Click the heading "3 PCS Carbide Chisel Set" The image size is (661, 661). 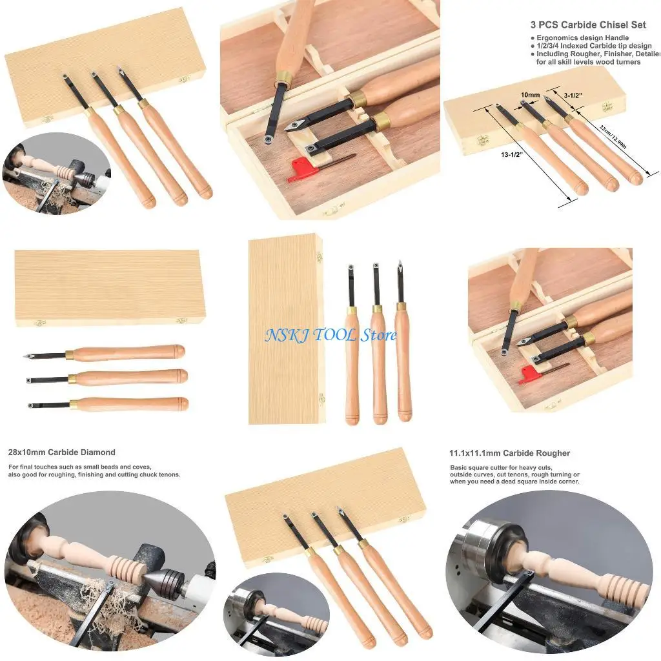588,25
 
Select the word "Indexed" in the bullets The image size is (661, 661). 578,46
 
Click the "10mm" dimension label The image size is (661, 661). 530,95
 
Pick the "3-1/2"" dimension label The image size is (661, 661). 573,94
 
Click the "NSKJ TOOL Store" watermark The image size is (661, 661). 331,334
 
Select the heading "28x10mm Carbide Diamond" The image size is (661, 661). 62,453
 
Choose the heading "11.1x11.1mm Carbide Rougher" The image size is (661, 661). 510,453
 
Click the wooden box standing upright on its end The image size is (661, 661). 285,329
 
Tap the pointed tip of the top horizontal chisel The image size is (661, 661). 25,356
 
